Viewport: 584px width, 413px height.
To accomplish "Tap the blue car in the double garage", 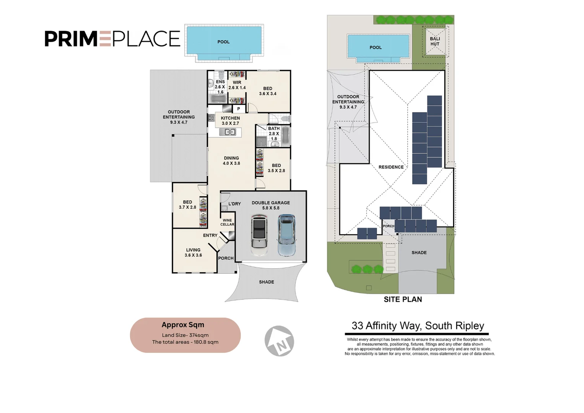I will [x=286, y=235].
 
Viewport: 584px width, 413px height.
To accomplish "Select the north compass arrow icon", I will [x=280, y=341].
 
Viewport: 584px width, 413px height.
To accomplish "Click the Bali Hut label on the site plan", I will [x=435, y=41].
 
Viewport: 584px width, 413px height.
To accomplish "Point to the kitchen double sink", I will [x=228, y=132].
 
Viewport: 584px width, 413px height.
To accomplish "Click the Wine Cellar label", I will [x=227, y=222].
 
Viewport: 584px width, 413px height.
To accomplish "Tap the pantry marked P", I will [x=239, y=109].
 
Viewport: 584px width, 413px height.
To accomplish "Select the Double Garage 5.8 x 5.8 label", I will [x=271, y=205].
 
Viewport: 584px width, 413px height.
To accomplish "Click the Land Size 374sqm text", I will [x=185, y=335].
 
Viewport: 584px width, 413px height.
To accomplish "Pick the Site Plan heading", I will [x=403, y=299].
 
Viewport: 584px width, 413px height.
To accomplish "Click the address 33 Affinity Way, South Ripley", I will [x=418, y=326].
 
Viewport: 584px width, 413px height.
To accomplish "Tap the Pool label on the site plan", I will [x=376, y=47].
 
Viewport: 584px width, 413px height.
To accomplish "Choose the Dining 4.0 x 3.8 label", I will [x=231, y=161].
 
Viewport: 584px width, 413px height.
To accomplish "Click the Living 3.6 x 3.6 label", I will [x=193, y=252].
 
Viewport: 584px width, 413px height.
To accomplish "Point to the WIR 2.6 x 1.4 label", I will [x=237, y=85].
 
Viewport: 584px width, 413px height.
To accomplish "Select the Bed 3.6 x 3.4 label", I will [x=268, y=91].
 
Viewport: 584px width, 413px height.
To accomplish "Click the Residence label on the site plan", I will [x=391, y=167].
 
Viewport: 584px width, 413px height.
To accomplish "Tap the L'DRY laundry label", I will [x=234, y=204].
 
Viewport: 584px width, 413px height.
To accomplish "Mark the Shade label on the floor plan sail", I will [x=267, y=282].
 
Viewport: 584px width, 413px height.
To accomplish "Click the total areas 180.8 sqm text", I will [x=185, y=342].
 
